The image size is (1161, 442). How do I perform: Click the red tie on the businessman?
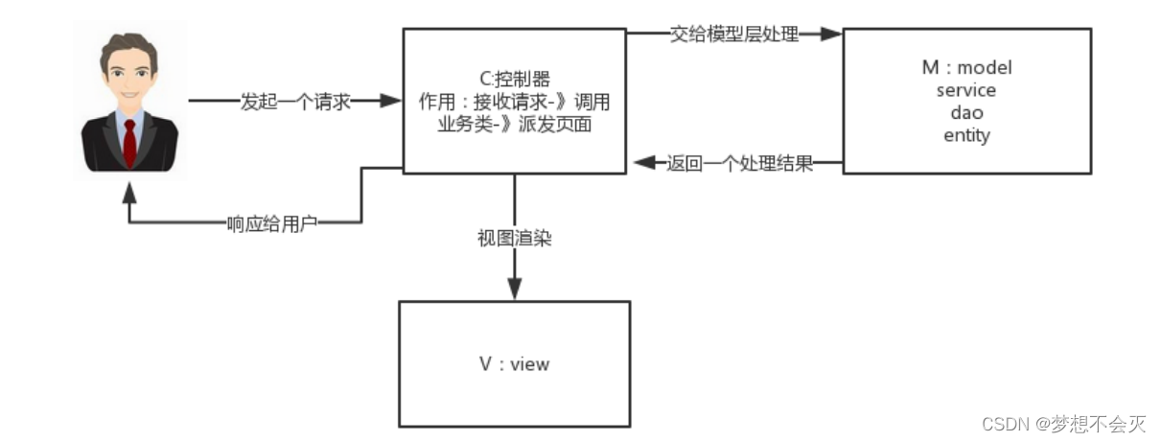(129, 142)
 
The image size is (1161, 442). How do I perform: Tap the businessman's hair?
(127, 43)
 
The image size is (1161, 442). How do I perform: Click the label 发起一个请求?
(295, 101)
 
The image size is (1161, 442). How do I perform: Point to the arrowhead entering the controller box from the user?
(390, 101)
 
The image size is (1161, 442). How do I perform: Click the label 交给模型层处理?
(734, 35)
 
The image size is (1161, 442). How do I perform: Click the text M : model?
(965, 68)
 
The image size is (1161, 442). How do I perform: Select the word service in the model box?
(965, 91)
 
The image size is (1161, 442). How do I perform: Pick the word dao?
(965, 113)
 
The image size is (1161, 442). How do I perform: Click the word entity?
(965, 135)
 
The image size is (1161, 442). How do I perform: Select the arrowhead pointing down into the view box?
(515, 291)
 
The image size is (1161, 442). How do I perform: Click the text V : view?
(514, 363)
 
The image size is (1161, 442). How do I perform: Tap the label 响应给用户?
(271, 222)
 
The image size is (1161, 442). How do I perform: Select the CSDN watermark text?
(1063, 422)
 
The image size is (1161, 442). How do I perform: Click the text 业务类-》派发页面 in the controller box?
(514, 124)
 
